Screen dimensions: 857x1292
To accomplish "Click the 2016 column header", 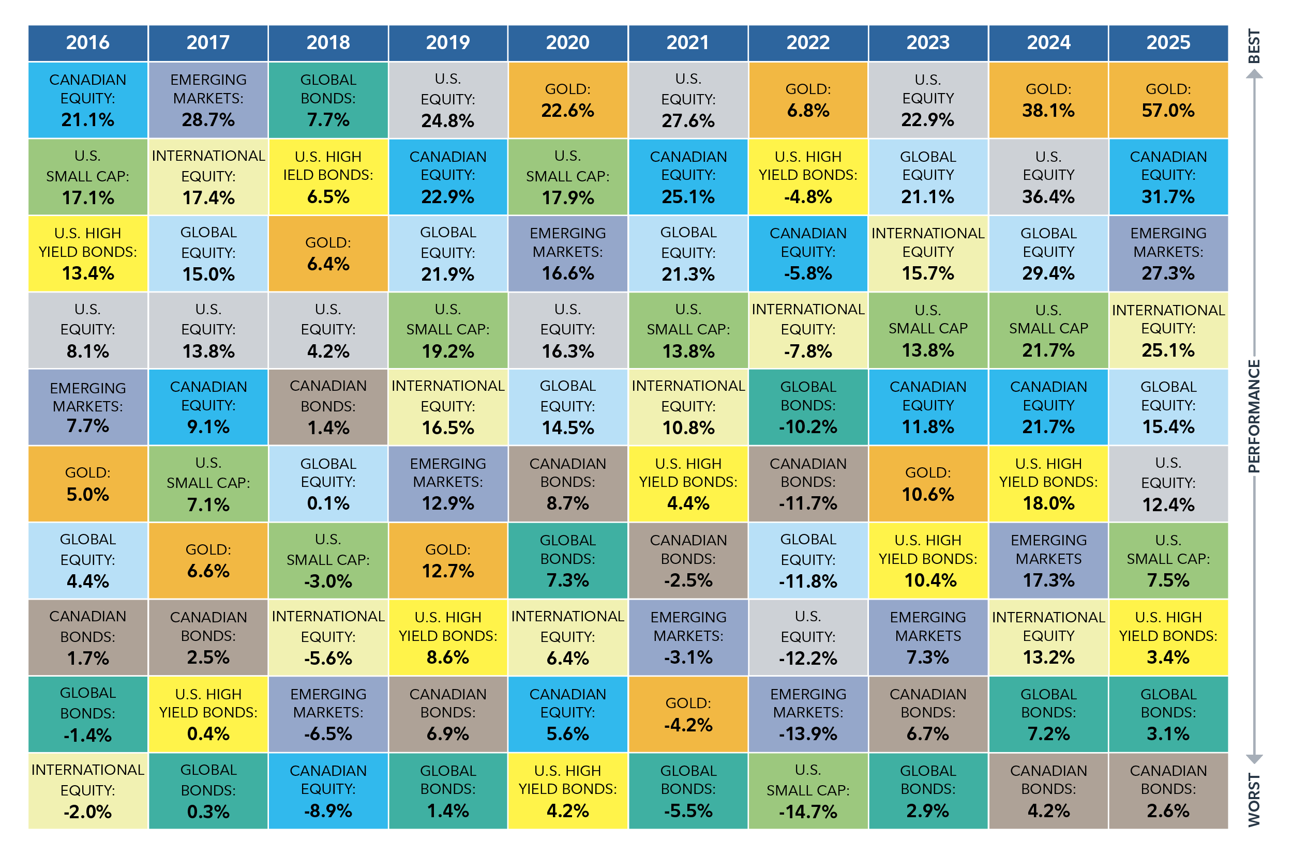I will (87, 42).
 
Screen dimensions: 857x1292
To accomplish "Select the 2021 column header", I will (688, 42).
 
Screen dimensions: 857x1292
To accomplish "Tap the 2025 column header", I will (1168, 42).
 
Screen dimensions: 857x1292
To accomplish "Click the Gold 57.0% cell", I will (1168, 100).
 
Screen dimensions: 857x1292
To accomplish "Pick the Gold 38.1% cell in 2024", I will (1048, 100).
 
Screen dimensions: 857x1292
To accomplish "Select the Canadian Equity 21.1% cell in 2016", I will (87, 100).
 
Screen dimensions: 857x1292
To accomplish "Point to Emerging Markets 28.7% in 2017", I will (208, 100).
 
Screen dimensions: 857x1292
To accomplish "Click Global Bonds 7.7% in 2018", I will (328, 100).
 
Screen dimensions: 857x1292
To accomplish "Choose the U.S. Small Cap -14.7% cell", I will (807, 790).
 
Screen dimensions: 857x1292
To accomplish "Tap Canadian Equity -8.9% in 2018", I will (328, 790).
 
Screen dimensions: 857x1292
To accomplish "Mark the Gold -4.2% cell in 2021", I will (688, 714).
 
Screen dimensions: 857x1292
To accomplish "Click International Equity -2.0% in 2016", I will (87, 790).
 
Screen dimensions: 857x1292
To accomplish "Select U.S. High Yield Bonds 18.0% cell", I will (1048, 484).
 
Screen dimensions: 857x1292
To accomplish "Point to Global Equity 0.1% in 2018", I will (328, 484).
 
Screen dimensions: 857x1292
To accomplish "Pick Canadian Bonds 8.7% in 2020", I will (567, 484).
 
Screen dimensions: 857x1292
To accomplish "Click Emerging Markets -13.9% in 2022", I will (807, 714).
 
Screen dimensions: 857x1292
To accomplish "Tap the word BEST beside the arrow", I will (1254, 46).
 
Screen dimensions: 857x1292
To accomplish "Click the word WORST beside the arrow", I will (1254, 799).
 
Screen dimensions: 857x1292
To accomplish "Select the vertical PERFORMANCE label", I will (1254, 416).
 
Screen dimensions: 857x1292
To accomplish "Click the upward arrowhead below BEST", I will (1254, 75).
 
